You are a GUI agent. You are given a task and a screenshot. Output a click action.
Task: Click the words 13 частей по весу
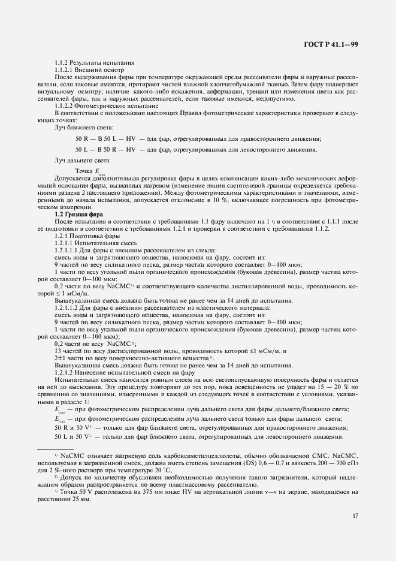(79, 351)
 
